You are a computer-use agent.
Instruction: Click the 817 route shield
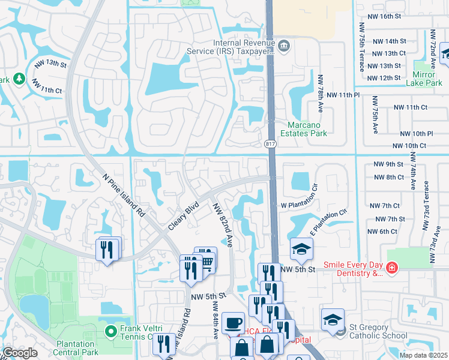tap(270, 144)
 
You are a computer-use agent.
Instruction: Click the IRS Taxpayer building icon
tap(285, 46)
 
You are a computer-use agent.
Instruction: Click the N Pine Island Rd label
tap(124, 196)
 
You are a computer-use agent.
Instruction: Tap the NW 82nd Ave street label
tap(222, 223)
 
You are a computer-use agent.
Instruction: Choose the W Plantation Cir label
tap(298, 205)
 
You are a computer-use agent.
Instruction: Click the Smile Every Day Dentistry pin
tap(391, 268)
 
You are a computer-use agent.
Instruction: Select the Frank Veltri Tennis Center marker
tap(110, 331)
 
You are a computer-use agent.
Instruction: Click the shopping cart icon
tap(206, 262)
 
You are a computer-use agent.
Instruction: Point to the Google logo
tap(20, 353)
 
